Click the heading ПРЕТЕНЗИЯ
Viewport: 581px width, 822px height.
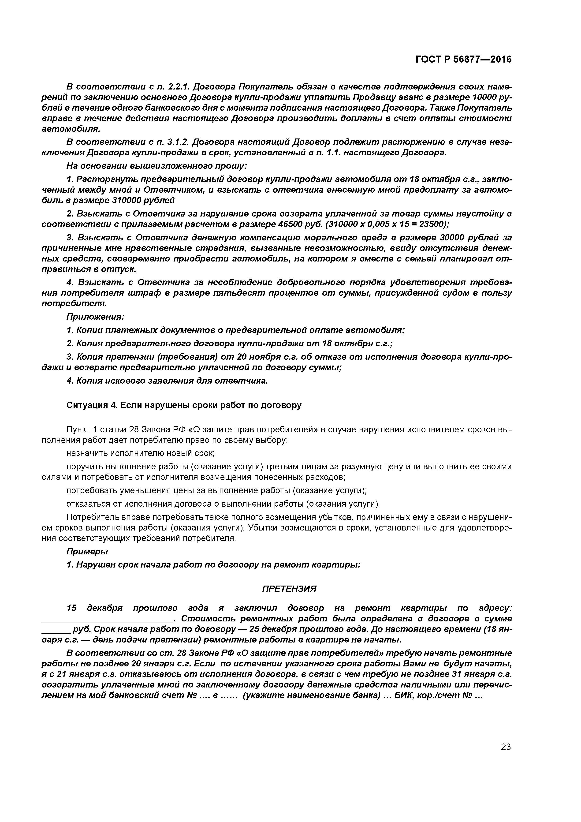(289, 589)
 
